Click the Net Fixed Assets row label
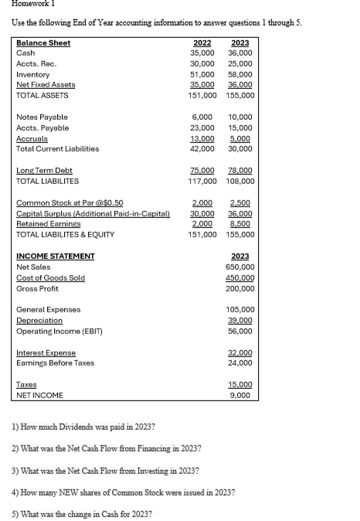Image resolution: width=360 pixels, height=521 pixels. tap(46, 84)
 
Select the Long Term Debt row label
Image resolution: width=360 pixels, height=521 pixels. tap(44, 170)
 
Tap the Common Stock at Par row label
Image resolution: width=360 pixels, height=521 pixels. tap(70, 203)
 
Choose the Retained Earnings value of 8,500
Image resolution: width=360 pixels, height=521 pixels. tap(243, 223)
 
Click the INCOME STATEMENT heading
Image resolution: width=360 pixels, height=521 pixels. tap(55, 256)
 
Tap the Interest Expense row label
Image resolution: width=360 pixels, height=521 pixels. tap(46, 352)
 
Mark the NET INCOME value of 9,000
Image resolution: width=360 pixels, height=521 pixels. tap(244, 395)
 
